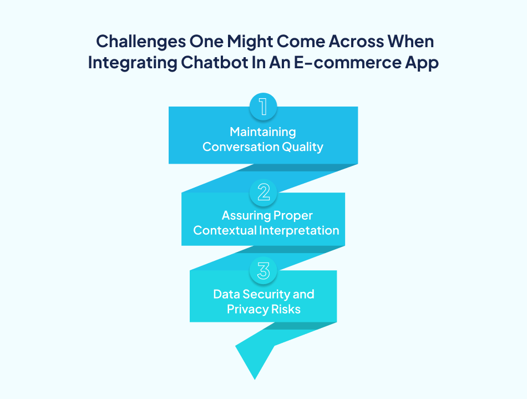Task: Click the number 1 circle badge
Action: point(263,107)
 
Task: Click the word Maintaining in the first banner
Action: point(263,132)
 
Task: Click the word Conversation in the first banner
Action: point(236,147)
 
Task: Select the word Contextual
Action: point(225,230)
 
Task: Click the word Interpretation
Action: point(300,230)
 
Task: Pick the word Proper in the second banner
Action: point(293,215)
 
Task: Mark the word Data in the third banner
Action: point(226,294)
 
